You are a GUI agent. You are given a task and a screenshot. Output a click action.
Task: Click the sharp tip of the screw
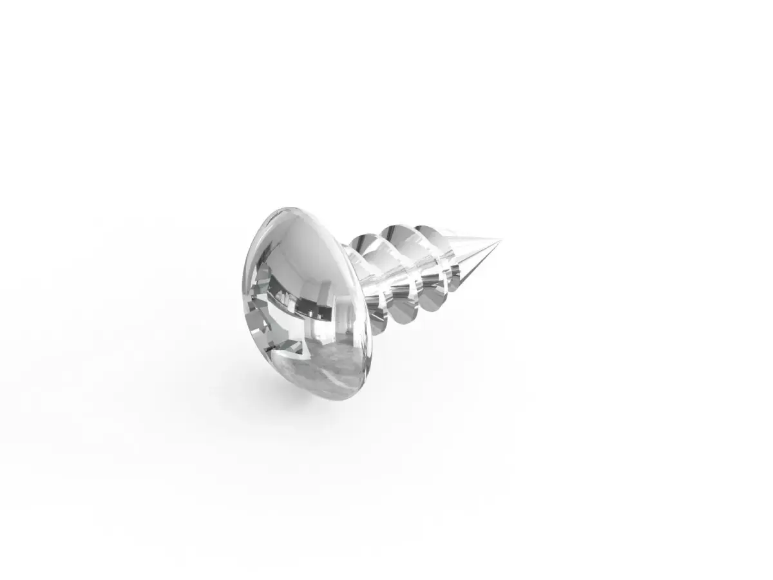click(501, 241)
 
